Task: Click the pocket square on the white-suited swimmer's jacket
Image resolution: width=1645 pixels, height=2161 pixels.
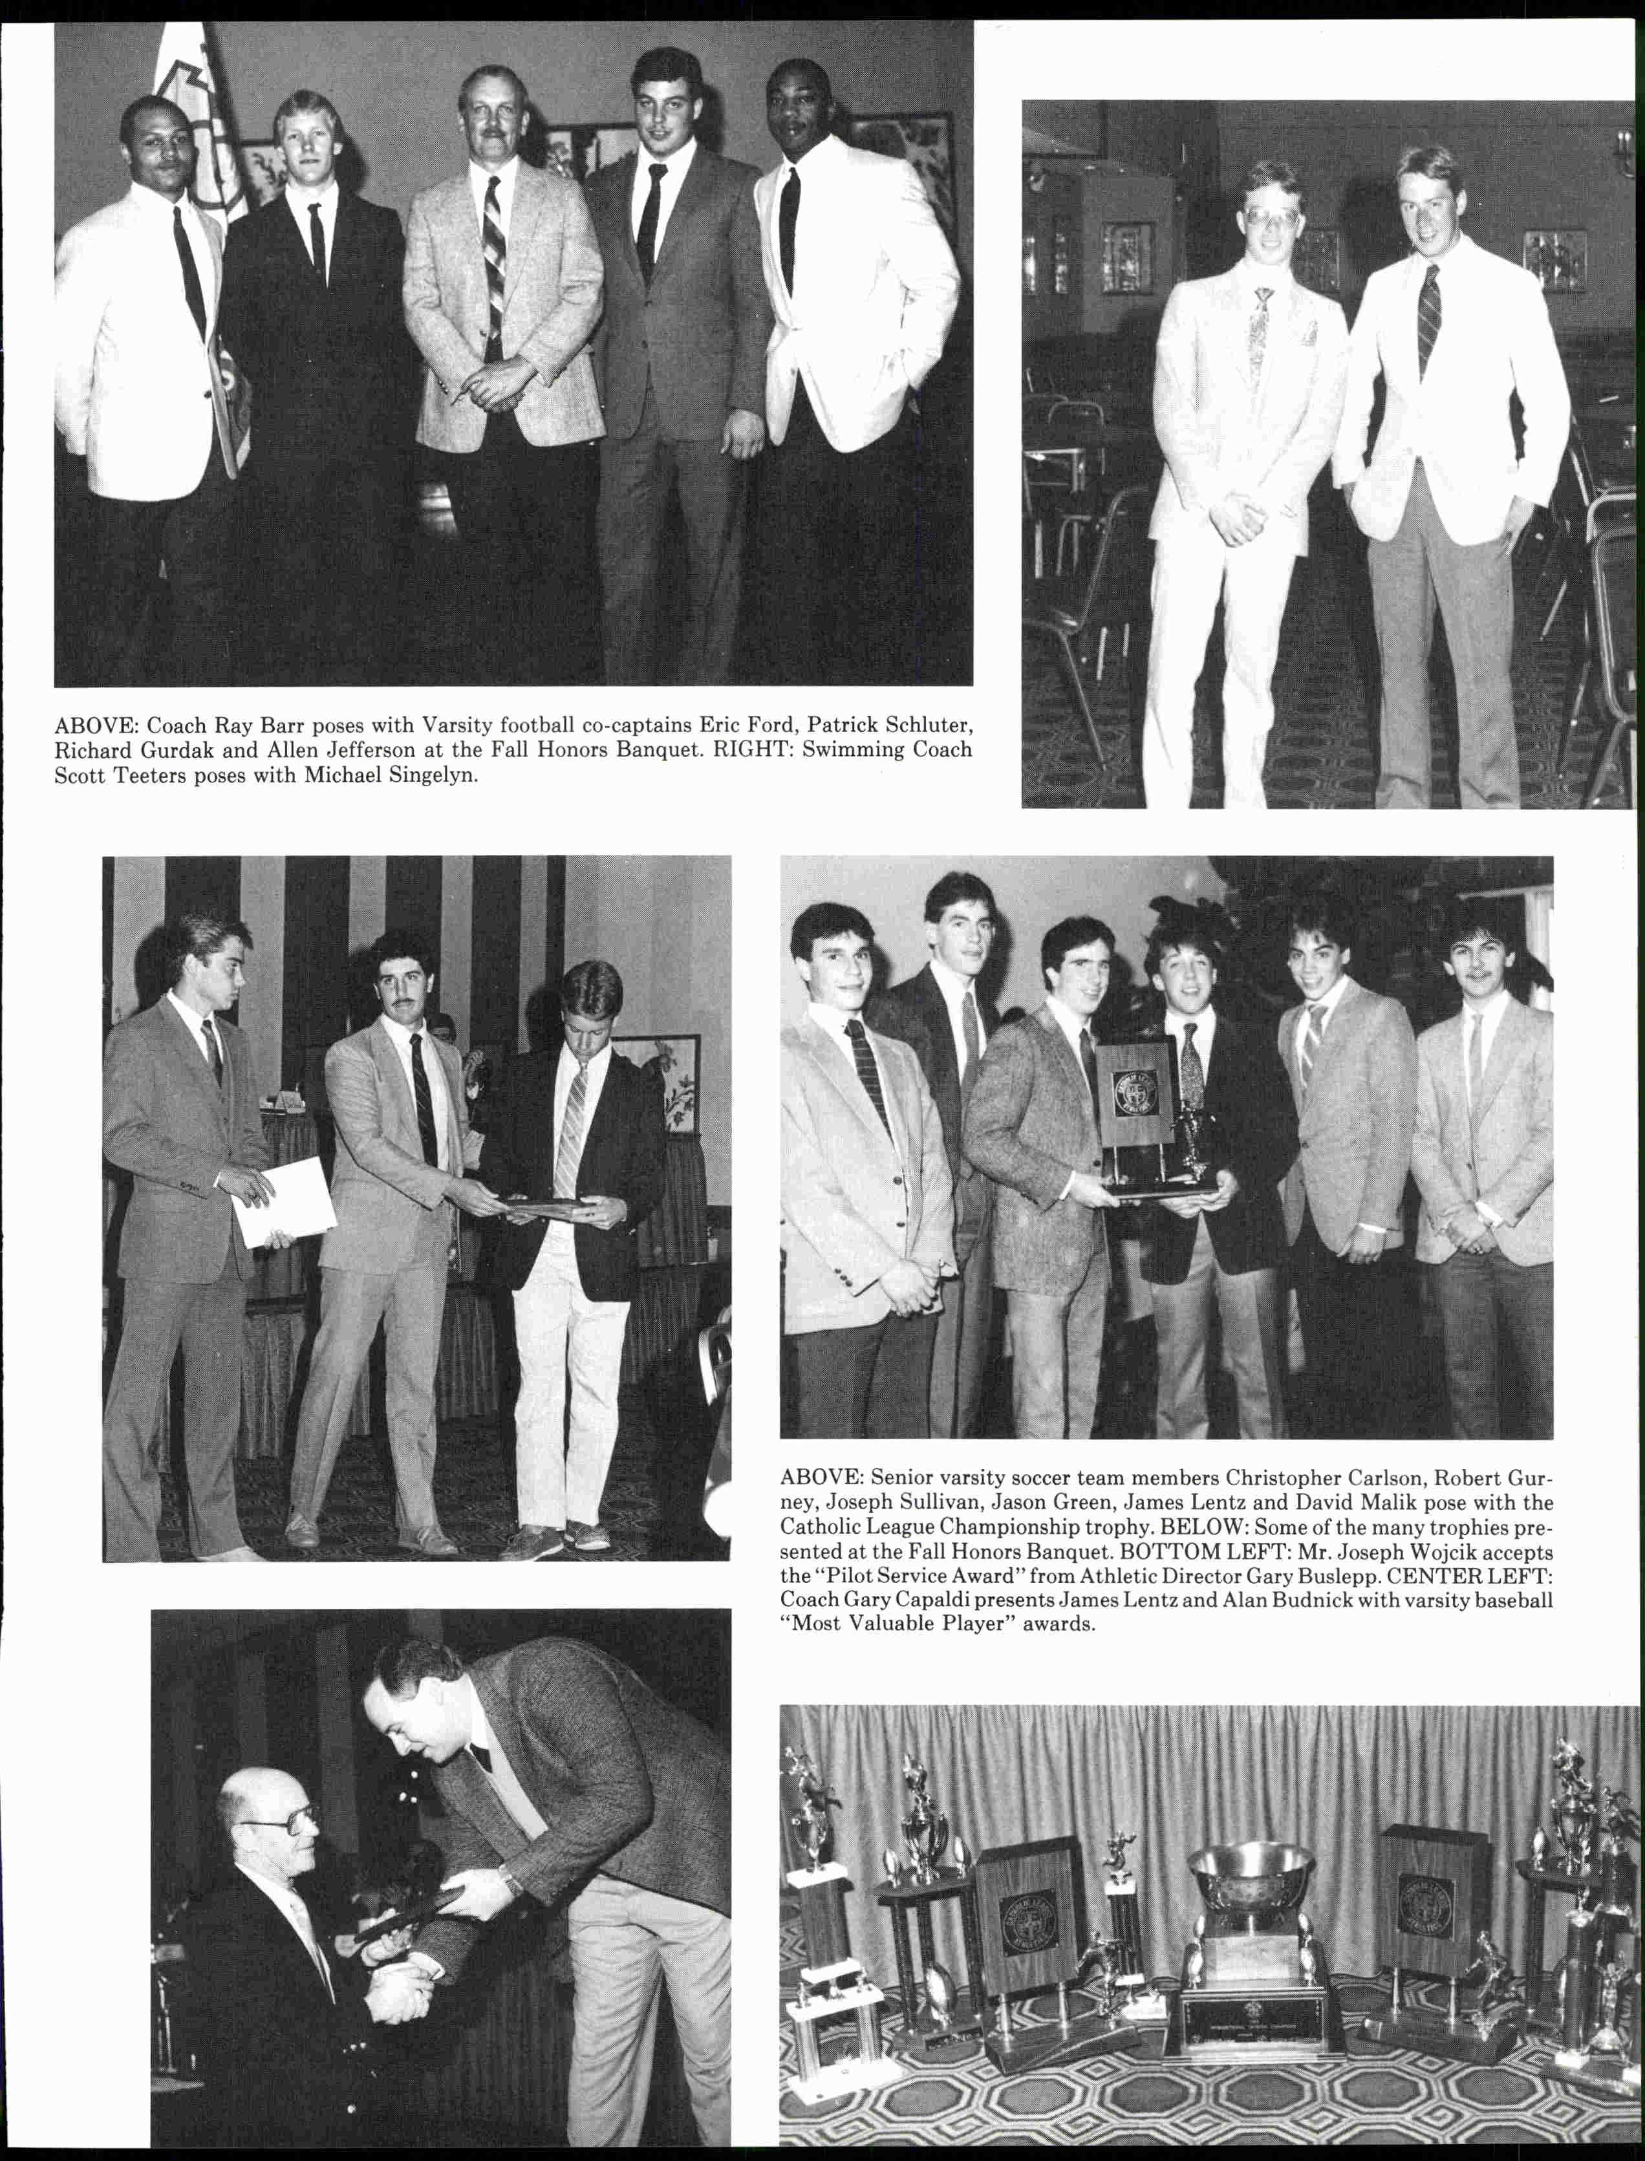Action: click(x=1310, y=335)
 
